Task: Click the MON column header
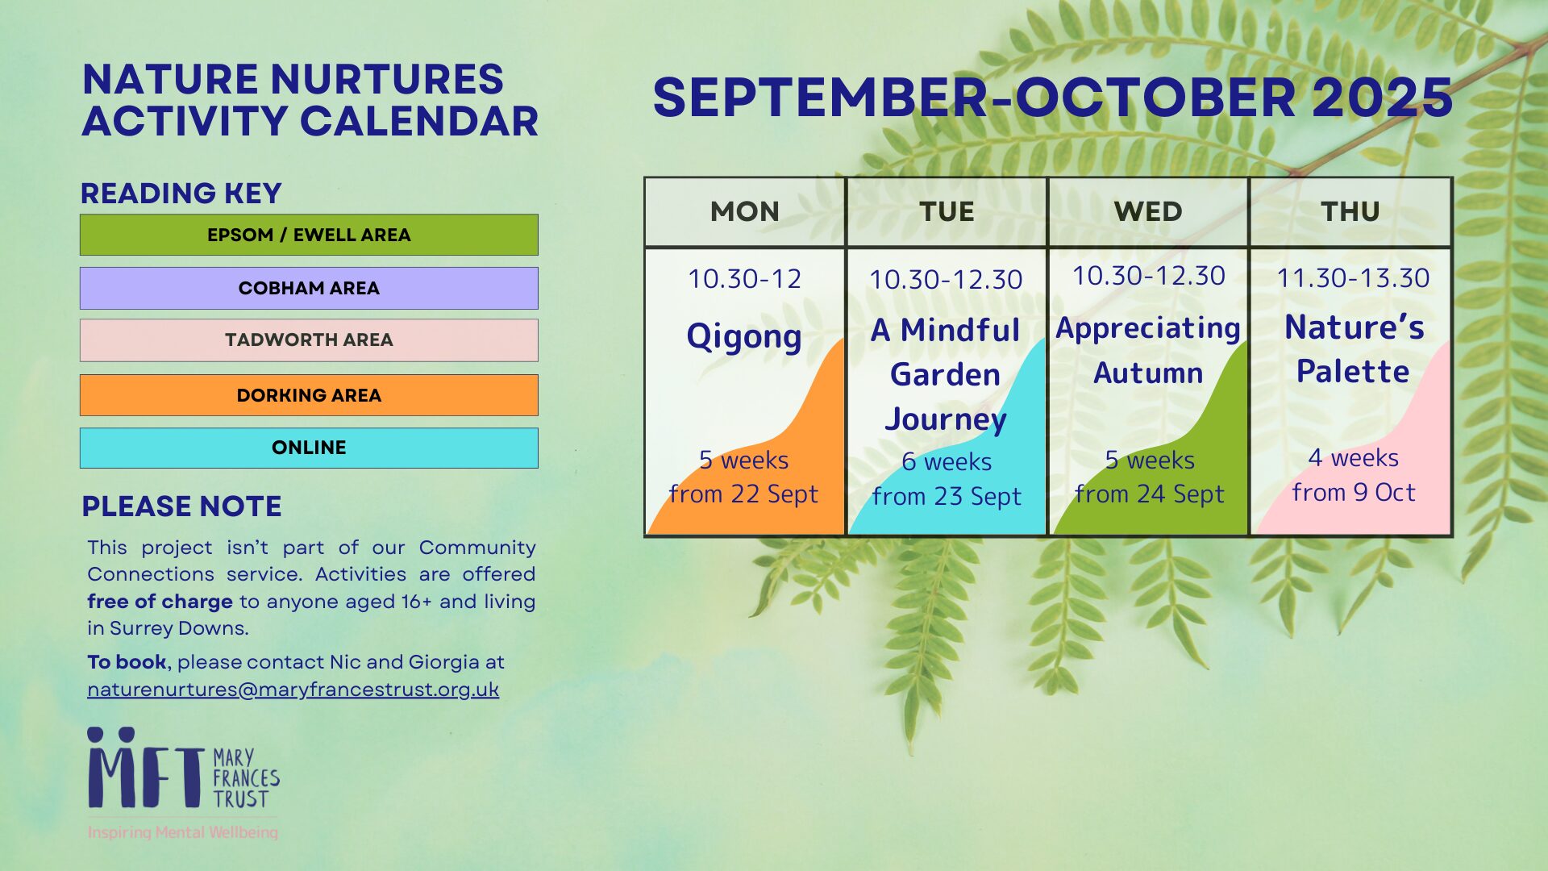click(744, 211)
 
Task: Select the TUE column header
click(947, 211)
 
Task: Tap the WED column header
click(1148, 211)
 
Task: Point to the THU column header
click(1350, 211)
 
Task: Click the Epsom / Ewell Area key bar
click(309, 235)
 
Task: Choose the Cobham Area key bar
click(309, 288)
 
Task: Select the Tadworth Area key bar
click(309, 340)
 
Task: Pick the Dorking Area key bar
click(309, 395)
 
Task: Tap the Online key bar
click(309, 448)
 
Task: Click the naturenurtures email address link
click(293, 690)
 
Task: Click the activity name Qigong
click(744, 337)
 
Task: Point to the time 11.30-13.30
click(1353, 278)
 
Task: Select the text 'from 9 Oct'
click(1354, 492)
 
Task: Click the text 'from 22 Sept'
click(743, 494)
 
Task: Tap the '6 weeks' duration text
click(947, 461)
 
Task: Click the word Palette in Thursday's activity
click(1353, 372)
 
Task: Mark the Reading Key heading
click(181, 194)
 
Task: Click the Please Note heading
click(182, 506)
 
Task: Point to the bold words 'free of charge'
click(160, 602)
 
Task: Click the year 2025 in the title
click(1383, 98)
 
